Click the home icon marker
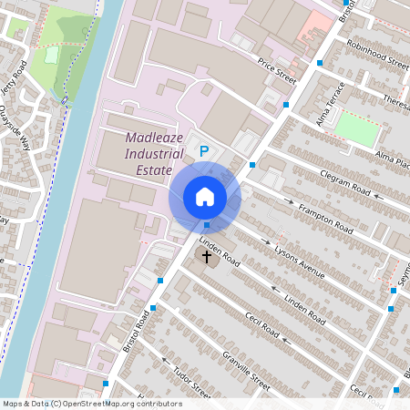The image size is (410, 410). point(205,197)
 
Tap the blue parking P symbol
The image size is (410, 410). point(205,151)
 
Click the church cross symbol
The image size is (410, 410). point(207,257)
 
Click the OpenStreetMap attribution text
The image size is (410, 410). point(92,403)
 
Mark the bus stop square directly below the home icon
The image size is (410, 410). point(207,225)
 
